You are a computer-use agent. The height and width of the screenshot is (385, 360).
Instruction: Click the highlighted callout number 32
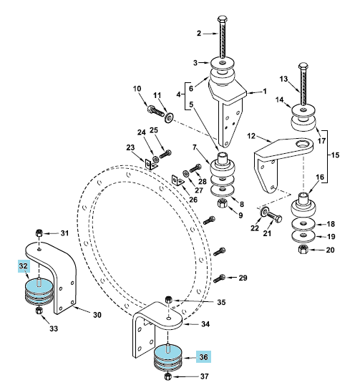tap(24, 266)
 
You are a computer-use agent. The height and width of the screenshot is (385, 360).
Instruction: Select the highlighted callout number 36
tap(203, 357)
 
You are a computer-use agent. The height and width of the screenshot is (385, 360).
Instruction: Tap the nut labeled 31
tap(39, 233)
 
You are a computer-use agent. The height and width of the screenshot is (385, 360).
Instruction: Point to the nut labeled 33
tap(39, 311)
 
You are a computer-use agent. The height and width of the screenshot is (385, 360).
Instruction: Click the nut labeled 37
tap(167, 376)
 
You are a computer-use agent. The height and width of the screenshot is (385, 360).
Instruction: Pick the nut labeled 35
tap(169, 300)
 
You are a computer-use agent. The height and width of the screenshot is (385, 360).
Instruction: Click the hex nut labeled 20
tap(303, 249)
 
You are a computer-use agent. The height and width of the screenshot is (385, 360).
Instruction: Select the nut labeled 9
tap(223, 203)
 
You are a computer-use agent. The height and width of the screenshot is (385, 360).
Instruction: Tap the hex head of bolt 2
tap(223, 19)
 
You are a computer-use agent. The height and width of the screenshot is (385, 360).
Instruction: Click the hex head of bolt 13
tap(303, 66)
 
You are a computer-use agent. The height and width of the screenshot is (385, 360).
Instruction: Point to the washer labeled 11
tap(169, 117)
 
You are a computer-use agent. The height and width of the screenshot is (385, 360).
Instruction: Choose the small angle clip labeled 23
tap(150, 165)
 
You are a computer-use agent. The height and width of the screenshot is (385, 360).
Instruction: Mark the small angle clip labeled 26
tap(177, 180)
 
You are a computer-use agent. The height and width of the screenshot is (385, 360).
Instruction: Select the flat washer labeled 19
tap(303, 235)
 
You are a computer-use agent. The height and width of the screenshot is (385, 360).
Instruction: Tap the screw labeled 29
tap(219, 278)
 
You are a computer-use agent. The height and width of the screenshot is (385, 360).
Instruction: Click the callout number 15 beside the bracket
tap(335, 155)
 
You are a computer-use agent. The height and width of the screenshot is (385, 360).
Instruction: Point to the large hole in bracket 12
tap(303, 144)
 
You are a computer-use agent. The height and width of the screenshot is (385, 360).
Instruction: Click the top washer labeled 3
tap(223, 63)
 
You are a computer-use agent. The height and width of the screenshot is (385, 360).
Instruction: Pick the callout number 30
tap(97, 315)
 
